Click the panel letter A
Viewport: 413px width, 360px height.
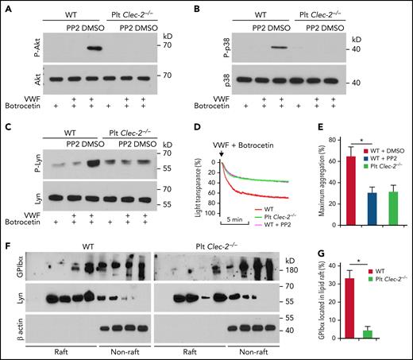point(6,6)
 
